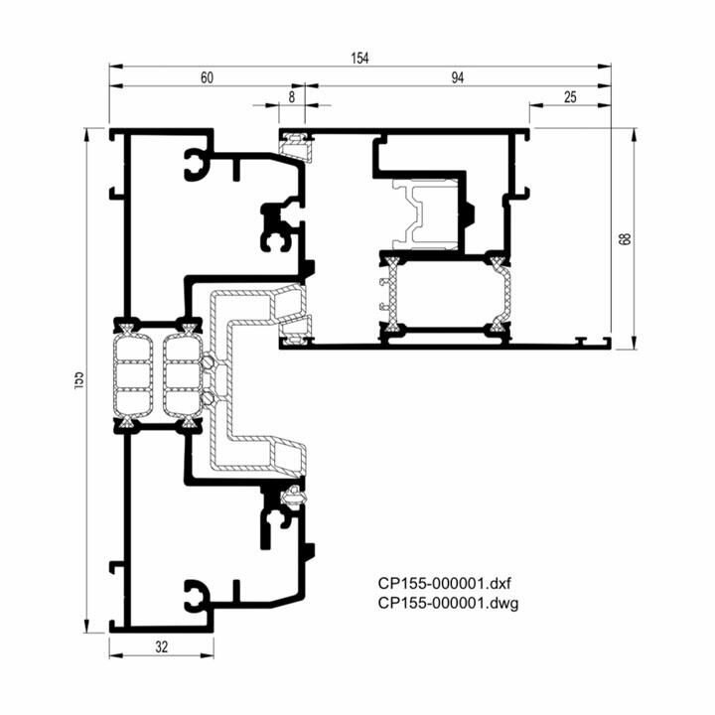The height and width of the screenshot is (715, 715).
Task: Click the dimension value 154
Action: pyautogui.click(x=359, y=59)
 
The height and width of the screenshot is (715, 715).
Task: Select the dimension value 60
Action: pyautogui.click(x=207, y=78)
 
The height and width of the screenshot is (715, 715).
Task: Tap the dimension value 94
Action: pyautogui.click(x=458, y=78)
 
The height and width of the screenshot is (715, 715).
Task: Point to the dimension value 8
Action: pyautogui.click(x=292, y=97)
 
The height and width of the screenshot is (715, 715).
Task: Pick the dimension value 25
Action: pyautogui.click(x=570, y=97)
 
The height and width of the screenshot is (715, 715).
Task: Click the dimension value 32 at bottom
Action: pyautogui.click(x=162, y=646)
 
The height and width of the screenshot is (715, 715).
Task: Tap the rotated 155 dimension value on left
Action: pyautogui.click(x=78, y=379)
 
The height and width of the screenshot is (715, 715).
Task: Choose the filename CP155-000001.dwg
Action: pyautogui.click(x=448, y=603)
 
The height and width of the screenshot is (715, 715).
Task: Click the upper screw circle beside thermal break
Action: pyautogui.click(x=209, y=363)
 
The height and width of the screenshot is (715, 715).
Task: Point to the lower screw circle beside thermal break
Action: pyautogui.click(x=209, y=397)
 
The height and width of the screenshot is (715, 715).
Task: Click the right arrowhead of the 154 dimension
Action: pyautogui.click(x=605, y=67)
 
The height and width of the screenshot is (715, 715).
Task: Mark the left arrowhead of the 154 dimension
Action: pyautogui.click(x=116, y=67)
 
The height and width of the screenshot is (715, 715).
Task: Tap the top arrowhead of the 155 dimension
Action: pyautogui.click(x=86, y=135)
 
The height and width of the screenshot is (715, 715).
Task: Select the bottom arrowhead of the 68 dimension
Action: pyautogui.click(x=634, y=343)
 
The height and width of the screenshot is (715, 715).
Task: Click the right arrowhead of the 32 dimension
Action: pyautogui.click(x=207, y=655)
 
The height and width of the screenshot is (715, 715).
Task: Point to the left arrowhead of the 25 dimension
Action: pyautogui.click(x=536, y=105)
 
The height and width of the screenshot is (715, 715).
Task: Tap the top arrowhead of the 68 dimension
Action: pyautogui.click(x=634, y=135)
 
